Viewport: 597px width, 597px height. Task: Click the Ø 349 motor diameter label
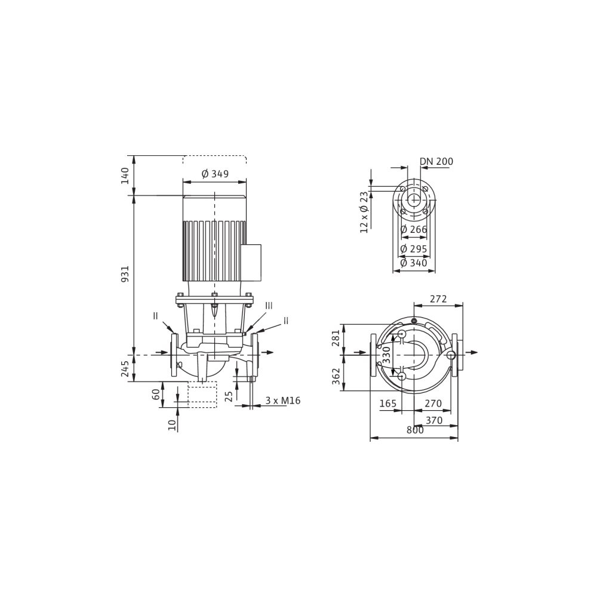(x=215, y=174)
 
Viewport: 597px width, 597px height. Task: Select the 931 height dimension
(x=125, y=274)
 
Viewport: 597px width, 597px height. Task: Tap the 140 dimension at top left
(x=125, y=175)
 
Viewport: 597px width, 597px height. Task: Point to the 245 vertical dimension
(x=125, y=368)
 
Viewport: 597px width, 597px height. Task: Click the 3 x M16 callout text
(x=283, y=401)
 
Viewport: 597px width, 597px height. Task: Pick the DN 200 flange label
(x=436, y=161)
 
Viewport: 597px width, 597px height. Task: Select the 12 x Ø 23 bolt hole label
(x=364, y=212)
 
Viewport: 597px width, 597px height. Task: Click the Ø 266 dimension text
(x=414, y=230)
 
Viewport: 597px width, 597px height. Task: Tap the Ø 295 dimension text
(x=414, y=249)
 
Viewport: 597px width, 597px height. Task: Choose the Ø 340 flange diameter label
(x=414, y=263)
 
